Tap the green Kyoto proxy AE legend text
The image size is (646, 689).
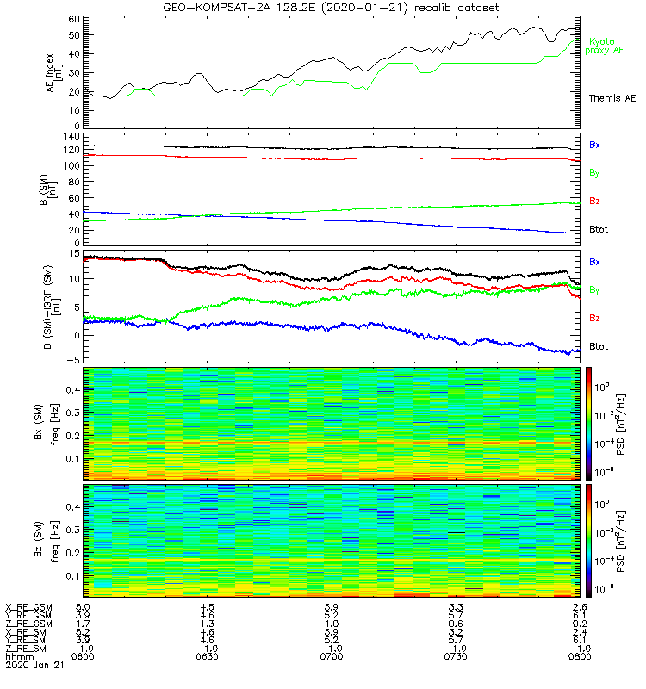pyautogui.click(x=607, y=46)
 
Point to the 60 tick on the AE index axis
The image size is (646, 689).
pyautogui.click(x=73, y=19)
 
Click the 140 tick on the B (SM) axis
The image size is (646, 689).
pyautogui.click(x=71, y=137)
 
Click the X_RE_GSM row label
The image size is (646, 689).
pyautogui.click(x=29, y=608)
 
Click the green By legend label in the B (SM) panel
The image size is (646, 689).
pyautogui.click(x=594, y=173)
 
